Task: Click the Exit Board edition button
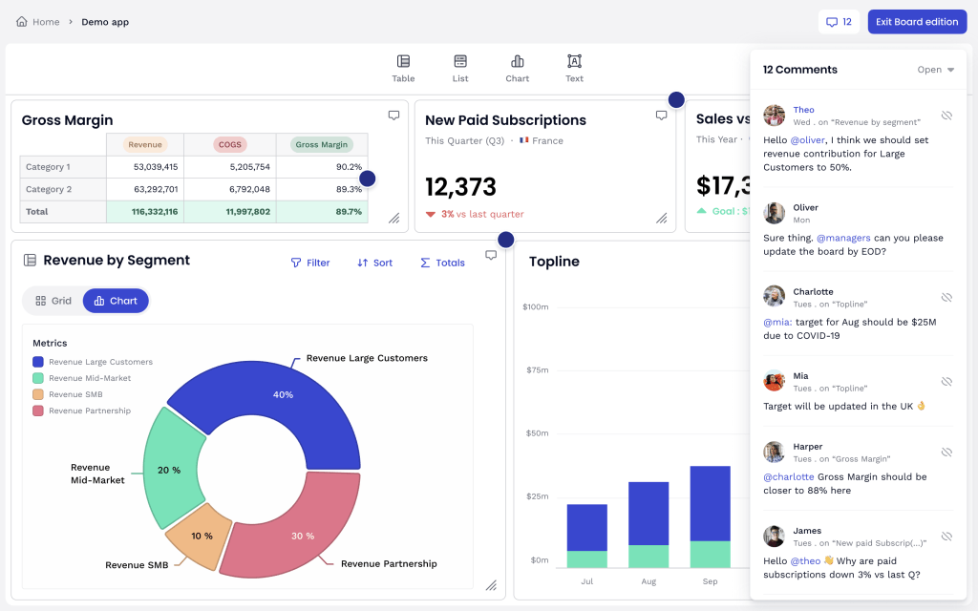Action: [x=917, y=22]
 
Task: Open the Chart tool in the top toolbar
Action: [x=517, y=68]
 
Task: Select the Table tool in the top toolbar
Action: [x=403, y=68]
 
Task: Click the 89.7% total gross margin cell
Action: [x=322, y=212]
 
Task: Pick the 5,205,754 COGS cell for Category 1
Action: [x=229, y=167]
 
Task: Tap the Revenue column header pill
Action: [x=145, y=145]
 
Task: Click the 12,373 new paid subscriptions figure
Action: [x=461, y=186]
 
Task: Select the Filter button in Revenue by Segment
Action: [x=310, y=263]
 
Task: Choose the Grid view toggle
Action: [x=53, y=301]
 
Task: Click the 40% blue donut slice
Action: [x=283, y=394]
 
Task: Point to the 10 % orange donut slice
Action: [x=202, y=536]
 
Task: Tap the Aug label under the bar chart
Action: [x=648, y=580]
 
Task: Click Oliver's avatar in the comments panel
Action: [x=775, y=213]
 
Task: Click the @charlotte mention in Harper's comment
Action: [x=789, y=476]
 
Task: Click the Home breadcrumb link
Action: [x=38, y=22]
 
